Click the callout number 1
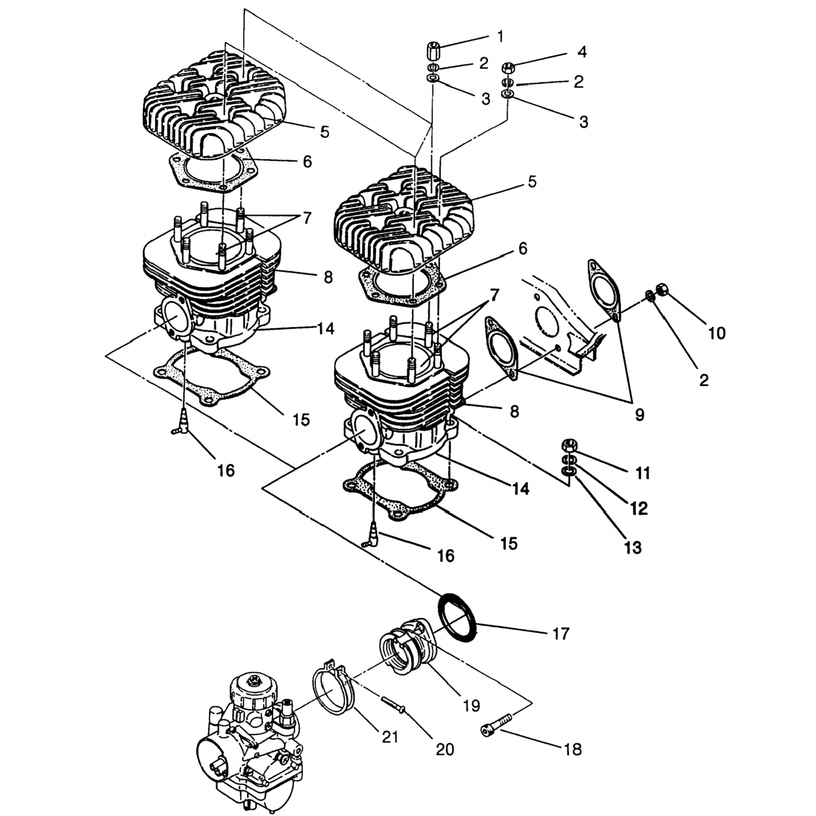(500, 36)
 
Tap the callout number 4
(582, 52)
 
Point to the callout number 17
(560, 634)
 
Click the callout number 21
(390, 737)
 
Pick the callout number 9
(640, 415)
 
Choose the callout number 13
(633, 547)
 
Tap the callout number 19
(471, 706)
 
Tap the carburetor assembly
(248, 740)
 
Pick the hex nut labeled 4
(509, 68)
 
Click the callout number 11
(643, 473)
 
